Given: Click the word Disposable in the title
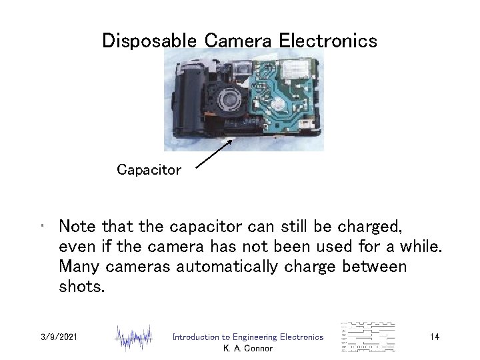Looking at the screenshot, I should [151, 41].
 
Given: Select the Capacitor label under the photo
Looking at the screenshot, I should [149, 170].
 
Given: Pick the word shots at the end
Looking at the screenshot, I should [81, 286].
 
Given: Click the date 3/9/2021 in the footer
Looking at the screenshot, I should [59, 337].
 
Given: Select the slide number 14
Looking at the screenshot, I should [434, 337].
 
